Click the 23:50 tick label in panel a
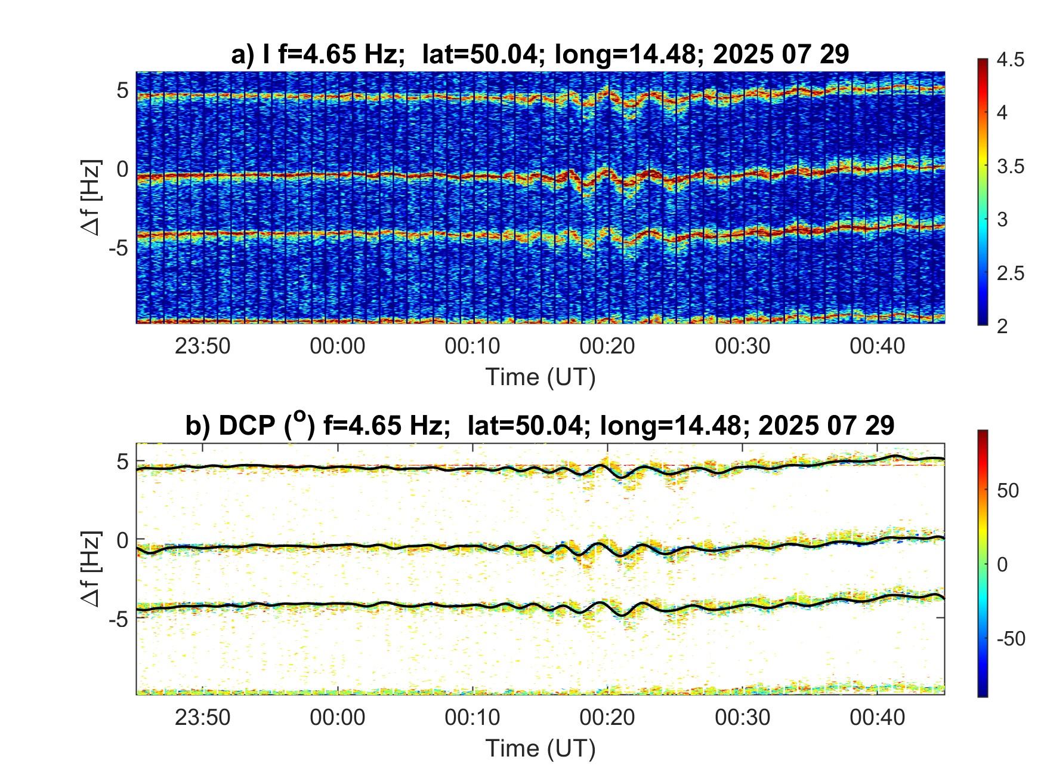202,346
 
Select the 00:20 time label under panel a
607,346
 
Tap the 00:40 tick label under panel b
877,717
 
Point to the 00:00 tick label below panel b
337,717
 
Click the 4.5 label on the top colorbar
1010,60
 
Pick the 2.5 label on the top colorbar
1010,273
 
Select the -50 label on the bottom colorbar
1011,639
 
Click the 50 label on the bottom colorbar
1008,491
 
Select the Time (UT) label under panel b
540,749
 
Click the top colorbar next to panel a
983,191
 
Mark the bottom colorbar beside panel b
983,563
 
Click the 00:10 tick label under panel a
472,346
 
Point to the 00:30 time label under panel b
742,717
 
